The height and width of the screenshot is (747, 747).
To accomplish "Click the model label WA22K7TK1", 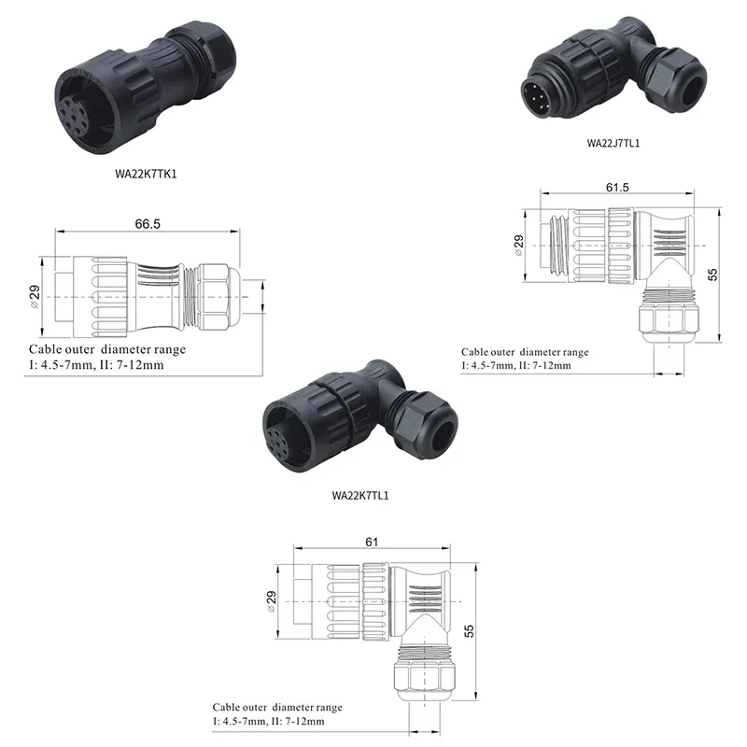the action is coord(146,174).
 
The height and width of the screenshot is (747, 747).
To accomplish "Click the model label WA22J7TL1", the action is coord(613,143).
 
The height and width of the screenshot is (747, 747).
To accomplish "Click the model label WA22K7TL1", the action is coord(360,496).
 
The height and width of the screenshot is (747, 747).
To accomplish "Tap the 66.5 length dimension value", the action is coord(148,224).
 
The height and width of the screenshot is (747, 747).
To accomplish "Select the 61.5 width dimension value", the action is coord(617,188).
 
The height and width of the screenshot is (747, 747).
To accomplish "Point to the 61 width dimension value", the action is coord(372,543).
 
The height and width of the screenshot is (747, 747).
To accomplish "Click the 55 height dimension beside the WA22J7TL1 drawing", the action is coord(712,275).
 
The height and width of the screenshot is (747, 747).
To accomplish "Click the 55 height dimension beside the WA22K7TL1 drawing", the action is coord(470,631).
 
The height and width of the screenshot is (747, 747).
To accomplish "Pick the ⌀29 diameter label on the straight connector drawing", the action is coord(35,297).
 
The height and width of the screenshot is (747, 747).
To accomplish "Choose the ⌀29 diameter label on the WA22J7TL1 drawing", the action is coord(519,246).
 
